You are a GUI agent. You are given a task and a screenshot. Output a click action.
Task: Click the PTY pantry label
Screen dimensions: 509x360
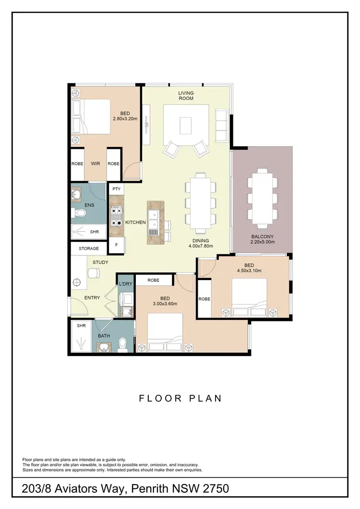click(116, 189)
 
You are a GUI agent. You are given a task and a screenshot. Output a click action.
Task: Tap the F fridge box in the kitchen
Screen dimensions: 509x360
click(116, 245)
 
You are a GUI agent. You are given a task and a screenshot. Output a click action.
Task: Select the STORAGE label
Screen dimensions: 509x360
click(89, 249)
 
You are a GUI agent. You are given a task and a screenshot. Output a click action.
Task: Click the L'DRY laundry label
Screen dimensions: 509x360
click(125, 284)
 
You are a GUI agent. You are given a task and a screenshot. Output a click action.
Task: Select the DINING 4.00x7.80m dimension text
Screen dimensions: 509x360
click(201, 246)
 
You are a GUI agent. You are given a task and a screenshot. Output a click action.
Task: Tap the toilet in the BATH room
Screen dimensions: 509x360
click(123, 343)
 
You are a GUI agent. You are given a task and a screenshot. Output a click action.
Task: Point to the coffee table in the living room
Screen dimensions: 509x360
click(186, 125)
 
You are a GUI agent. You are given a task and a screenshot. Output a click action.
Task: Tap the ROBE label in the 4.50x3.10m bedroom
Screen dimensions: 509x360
click(205, 298)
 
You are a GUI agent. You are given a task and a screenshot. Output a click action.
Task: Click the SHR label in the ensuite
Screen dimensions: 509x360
click(94, 232)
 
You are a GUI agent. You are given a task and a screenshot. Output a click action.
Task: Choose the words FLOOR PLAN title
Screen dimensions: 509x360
click(180, 398)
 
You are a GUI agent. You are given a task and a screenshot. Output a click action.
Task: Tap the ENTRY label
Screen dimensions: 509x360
click(92, 298)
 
